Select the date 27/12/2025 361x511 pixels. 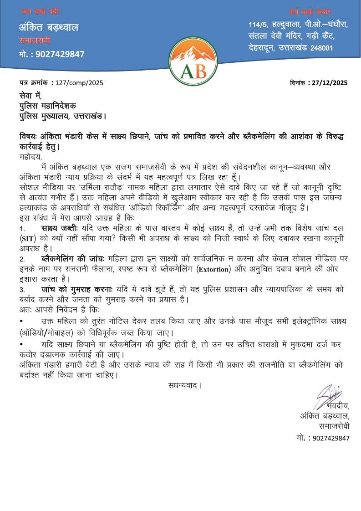(328, 83)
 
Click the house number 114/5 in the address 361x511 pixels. (258, 24)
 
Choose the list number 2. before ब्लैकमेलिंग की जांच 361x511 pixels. (22, 259)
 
